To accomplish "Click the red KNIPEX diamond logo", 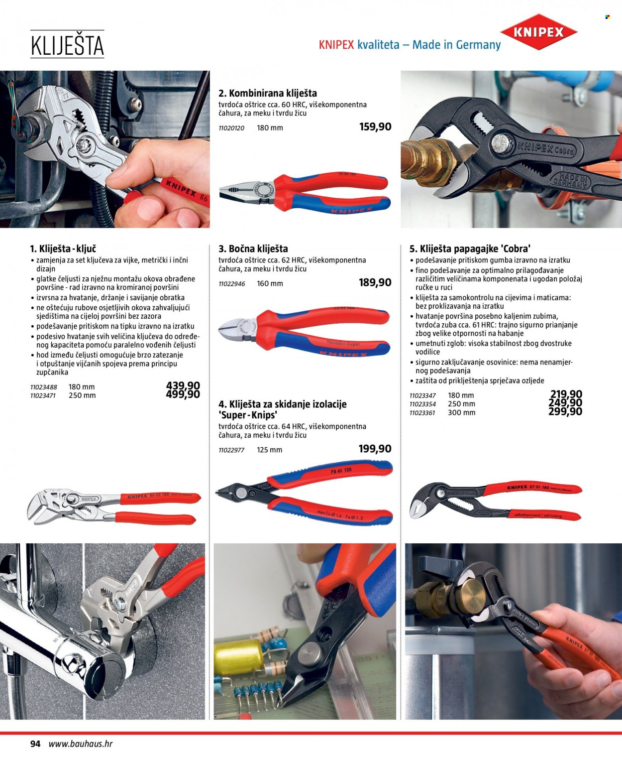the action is point(538,32).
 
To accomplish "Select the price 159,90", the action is point(375,126).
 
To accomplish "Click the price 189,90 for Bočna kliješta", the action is point(375,282).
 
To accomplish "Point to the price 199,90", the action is point(375,449).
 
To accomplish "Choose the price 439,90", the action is point(183,385).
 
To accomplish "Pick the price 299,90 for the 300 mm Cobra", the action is point(565,412).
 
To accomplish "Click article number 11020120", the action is point(231,128).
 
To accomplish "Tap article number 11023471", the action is point(43,396).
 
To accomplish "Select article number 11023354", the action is point(422,404).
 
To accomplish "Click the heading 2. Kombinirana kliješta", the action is point(268,94).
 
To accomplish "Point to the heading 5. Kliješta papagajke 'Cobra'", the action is point(470,249).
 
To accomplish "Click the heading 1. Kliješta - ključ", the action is point(63,249).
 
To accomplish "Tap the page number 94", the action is point(35,744).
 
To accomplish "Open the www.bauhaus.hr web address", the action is point(81,744).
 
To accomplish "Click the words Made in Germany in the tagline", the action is point(456,45).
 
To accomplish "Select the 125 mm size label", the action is point(269,450).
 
